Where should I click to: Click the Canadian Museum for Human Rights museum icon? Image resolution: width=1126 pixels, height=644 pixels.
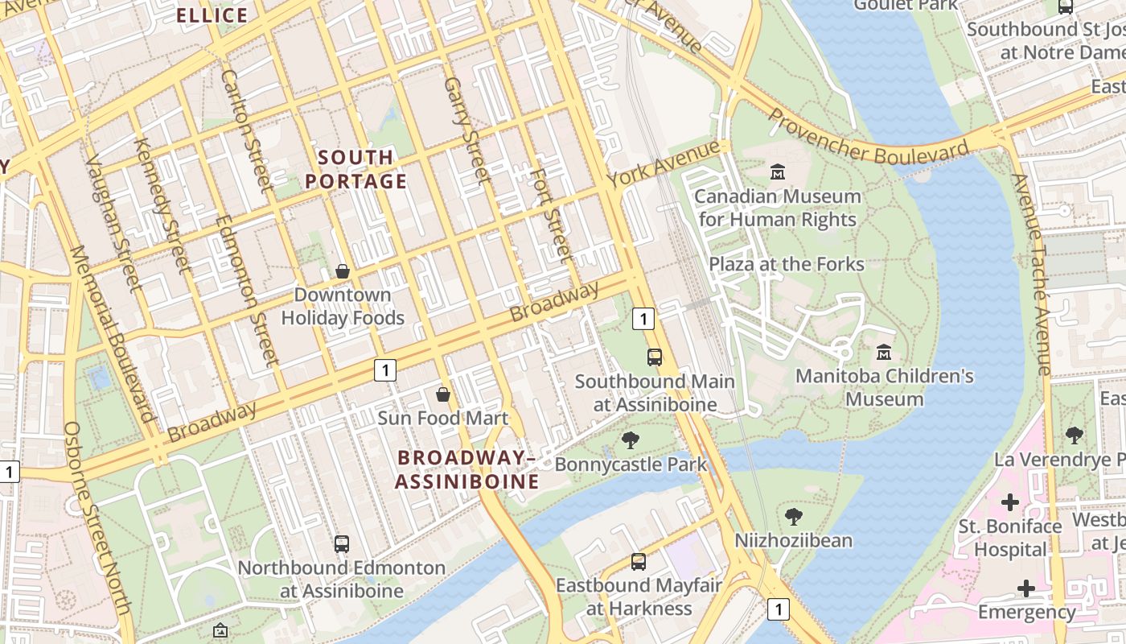click(x=778, y=172)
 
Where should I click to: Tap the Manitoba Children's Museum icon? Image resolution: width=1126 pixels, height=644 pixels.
click(x=884, y=353)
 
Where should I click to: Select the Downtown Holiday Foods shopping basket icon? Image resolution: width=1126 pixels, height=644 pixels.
click(x=343, y=271)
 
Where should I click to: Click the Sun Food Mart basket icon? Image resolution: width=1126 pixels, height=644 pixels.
click(x=442, y=394)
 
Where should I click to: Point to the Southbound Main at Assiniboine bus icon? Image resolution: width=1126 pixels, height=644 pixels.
click(x=655, y=357)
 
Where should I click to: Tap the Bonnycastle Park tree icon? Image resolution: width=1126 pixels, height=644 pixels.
click(x=631, y=440)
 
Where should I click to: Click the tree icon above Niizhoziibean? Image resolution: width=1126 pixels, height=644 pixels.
click(x=793, y=516)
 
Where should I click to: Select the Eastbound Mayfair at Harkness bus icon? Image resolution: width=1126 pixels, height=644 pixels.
click(x=639, y=562)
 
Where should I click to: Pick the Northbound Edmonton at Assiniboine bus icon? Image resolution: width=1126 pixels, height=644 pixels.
click(x=342, y=544)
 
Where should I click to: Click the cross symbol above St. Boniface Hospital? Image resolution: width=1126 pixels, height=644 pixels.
click(x=1010, y=503)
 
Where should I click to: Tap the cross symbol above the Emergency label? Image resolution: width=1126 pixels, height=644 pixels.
click(x=1026, y=588)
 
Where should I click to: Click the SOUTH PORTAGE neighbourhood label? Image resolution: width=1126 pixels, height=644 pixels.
click(x=356, y=169)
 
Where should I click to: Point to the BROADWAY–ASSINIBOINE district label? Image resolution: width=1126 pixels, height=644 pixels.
click(x=467, y=469)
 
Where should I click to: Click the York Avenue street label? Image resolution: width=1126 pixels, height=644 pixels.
click(x=664, y=163)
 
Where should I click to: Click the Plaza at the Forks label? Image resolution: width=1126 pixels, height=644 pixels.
click(x=786, y=264)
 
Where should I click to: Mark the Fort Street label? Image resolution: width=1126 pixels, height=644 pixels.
click(x=553, y=213)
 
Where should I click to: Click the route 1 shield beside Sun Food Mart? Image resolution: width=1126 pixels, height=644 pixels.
click(x=385, y=370)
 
